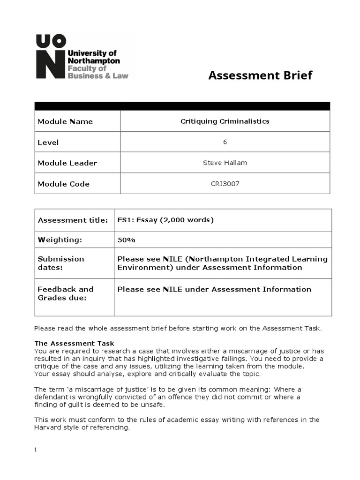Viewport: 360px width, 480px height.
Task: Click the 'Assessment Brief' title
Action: pos(260,75)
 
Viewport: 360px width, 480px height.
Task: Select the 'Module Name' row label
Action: pos(65,121)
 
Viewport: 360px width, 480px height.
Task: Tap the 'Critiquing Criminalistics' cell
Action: pos(225,121)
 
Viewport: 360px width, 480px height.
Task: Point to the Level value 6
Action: pos(225,142)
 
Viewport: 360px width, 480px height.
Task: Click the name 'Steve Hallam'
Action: pos(225,163)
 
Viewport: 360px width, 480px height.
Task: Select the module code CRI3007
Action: pos(225,184)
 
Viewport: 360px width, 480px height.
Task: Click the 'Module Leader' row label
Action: pos(67,163)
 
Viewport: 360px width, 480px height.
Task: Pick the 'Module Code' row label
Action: pos(63,184)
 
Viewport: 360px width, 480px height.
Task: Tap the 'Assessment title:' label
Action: pos(73,220)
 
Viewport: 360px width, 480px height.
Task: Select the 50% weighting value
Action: pos(126,240)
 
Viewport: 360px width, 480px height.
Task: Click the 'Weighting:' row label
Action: pos(60,240)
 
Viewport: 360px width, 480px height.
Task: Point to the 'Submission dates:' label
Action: pos(61,263)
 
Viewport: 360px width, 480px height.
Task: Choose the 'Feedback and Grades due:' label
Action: pos(65,293)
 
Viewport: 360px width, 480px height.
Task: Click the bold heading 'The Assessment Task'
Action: pos(74,343)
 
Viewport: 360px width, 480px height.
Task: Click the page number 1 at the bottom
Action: pos(36,450)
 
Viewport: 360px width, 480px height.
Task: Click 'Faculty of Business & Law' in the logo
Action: pos(97,72)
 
